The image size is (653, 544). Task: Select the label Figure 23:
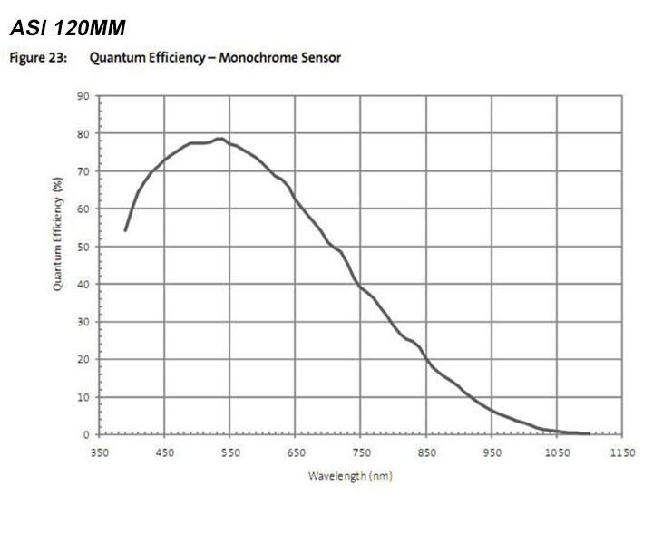click(x=36, y=58)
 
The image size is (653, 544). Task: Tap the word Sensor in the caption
click(x=321, y=58)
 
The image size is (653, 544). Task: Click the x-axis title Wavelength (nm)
click(x=350, y=475)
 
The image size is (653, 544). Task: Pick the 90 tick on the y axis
click(x=83, y=95)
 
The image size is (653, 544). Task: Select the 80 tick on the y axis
click(x=83, y=133)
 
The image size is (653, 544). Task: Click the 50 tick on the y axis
click(x=83, y=247)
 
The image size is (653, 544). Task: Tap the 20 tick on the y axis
click(x=83, y=359)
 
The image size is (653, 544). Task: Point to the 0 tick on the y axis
click(x=86, y=435)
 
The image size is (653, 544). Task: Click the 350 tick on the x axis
click(x=99, y=452)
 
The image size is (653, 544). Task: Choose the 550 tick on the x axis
click(x=230, y=452)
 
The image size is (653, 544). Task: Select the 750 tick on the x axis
click(x=361, y=452)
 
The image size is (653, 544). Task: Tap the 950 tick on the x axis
click(x=492, y=452)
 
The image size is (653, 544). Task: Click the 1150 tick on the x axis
click(x=622, y=452)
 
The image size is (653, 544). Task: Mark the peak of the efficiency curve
click(x=219, y=139)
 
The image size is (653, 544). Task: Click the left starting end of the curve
click(x=125, y=230)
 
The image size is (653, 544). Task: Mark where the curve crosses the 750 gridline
click(x=361, y=287)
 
